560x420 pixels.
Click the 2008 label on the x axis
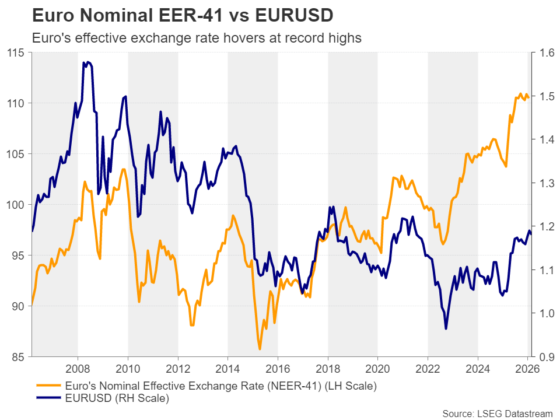(x=78, y=368)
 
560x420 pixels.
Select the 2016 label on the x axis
(x=278, y=368)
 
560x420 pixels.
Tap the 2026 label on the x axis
(x=527, y=368)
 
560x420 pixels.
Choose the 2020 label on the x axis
(x=377, y=368)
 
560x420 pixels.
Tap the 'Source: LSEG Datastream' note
(x=497, y=413)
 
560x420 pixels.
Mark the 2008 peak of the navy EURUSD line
(x=85, y=62)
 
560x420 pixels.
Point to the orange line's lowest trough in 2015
(x=260, y=349)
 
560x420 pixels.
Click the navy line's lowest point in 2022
(x=446, y=329)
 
